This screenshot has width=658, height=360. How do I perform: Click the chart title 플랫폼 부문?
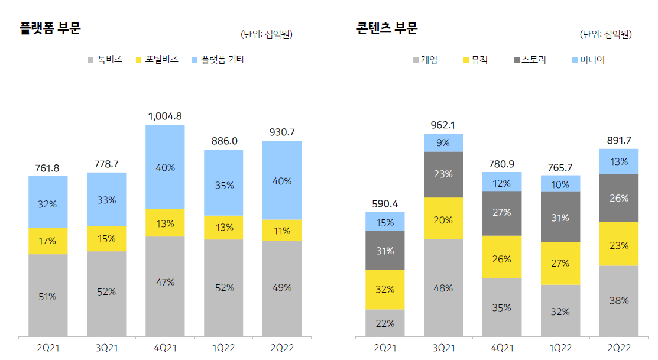click(x=50, y=28)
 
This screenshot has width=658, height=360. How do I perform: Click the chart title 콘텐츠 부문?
click(x=387, y=28)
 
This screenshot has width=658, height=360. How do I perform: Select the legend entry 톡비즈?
click(x=110, y=59)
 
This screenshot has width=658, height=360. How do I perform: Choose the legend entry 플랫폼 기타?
click(x=222, y=59)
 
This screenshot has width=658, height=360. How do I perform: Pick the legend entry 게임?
click(x=429, y=60)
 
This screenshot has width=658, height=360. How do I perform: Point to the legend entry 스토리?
click(x=534, y=60)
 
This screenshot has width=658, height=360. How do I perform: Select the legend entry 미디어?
click(x=592, y=60)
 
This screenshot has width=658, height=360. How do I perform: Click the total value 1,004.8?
click(x=165, y=116)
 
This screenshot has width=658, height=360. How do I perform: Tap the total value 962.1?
click(x=443, y=125)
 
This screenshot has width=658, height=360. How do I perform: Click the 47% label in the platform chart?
click(x=165, y=282)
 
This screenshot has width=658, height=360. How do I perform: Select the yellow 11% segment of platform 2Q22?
click(x=282, y=231)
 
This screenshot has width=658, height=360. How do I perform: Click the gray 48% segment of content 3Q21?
click(x=443, y=288)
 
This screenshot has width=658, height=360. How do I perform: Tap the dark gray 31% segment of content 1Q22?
click(x=560, y=217)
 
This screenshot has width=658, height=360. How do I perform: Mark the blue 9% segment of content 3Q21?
click(x=443, y=142)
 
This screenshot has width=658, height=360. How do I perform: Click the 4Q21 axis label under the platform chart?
click(x=165, y=348)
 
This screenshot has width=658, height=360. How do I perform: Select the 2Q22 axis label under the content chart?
click(x=618, y=348)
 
